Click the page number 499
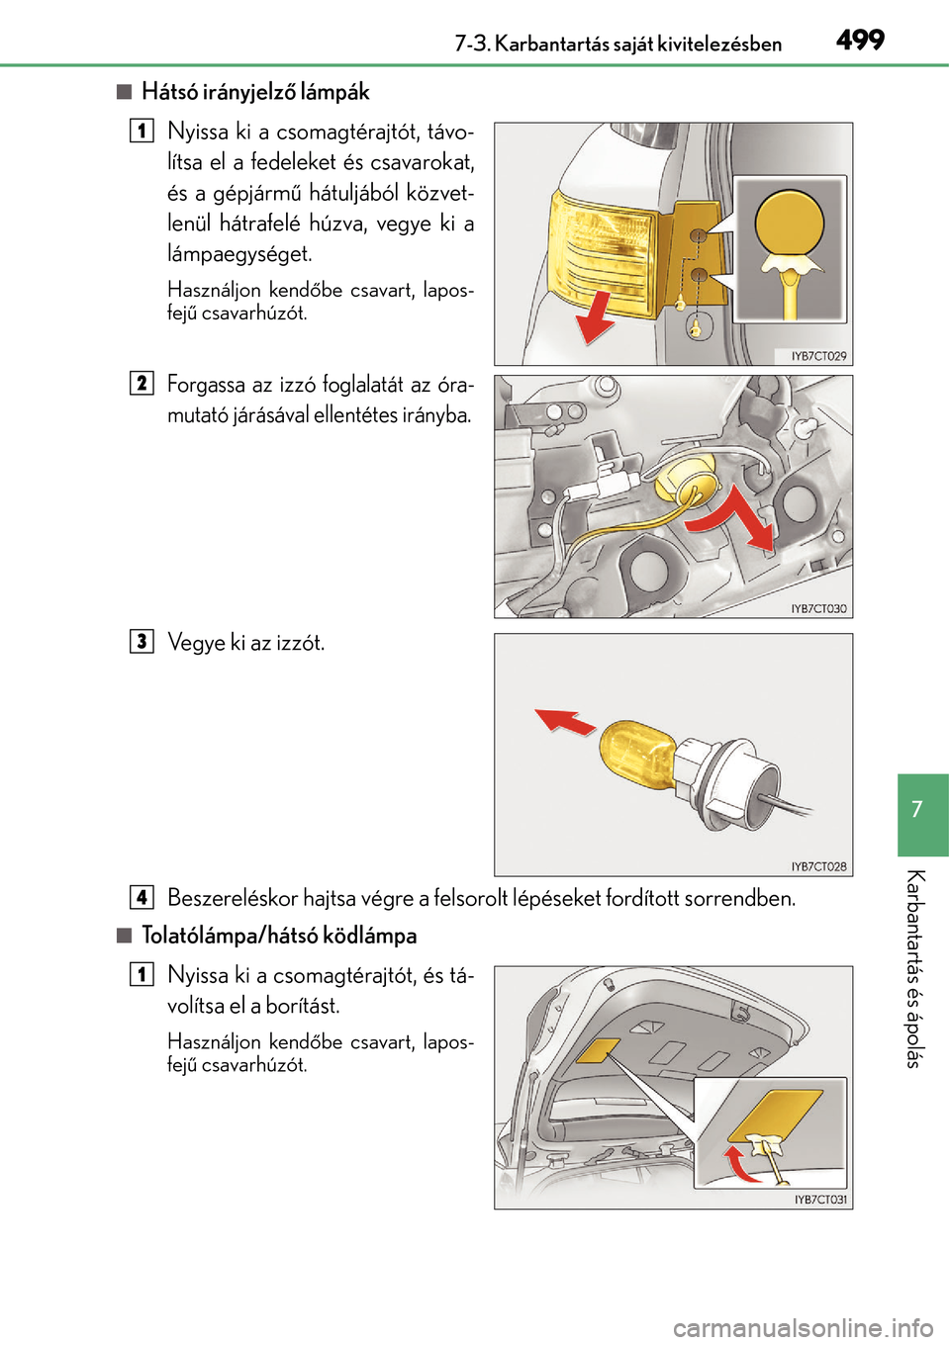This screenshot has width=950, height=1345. (859, 41)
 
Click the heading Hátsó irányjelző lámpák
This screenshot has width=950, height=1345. (254, 92)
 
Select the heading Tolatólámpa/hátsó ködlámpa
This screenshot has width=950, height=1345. (279, 936)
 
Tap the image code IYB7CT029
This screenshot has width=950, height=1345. (818, 356)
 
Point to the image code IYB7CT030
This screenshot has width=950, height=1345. (818, 609)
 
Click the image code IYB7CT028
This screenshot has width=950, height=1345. (818, 866)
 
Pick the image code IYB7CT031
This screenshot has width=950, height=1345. (820, 1200)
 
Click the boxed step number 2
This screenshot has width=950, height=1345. (142, 384)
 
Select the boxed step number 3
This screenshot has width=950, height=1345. (142, 642)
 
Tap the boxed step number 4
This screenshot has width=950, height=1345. (142, 897)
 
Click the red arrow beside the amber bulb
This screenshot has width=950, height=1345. (565, 722)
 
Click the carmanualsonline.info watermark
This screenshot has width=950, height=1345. (803, 1327)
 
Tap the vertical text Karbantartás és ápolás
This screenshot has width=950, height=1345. (916, 969)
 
